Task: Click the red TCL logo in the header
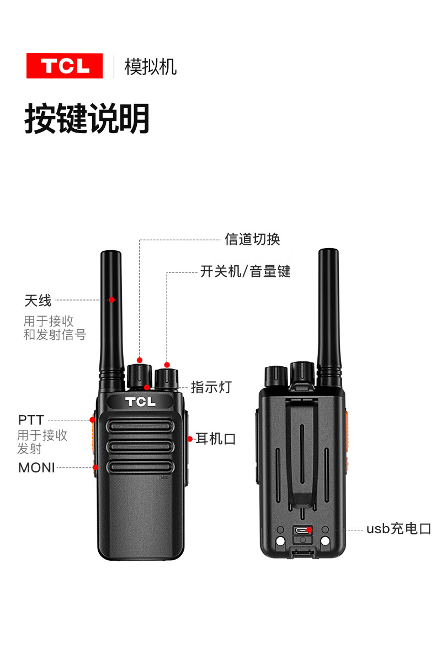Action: pyautogui.click(x=65, y=66)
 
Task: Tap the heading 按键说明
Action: pyautogui.click(x=87, y=118)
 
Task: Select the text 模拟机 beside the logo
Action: pyautogui.click(x=151, y=67)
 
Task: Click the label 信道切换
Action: pyautogui.click(x=252, y=239)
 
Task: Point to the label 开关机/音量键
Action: pyautogui.click(x=246, y=271)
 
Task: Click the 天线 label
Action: pyautogui.click(x=38, y=301)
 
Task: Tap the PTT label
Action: pyautogui.click(x=31, y=420)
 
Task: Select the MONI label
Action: pyautogui.click(x=36, y=468)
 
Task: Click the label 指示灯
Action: pyautogui.click(x=211, y=387)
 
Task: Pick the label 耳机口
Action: pyautogui.click(x=216, y=439)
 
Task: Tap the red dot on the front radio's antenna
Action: pyautogui.click(x=111, y=300)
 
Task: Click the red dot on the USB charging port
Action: pyautogui.click(x=309, y=530)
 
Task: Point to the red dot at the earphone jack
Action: pyautogui.click(x=190, y=439)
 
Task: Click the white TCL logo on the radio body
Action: pyautogui.click(x=140, y=402)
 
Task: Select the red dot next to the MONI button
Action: pyautogui.click(x=95, y=467)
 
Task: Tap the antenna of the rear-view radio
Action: pyautogui.click(x=329, y=317)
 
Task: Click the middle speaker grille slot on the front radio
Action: pyautogui.click(x=140, y=447)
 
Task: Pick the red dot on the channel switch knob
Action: pyautogui.click(x=140, y=360)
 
